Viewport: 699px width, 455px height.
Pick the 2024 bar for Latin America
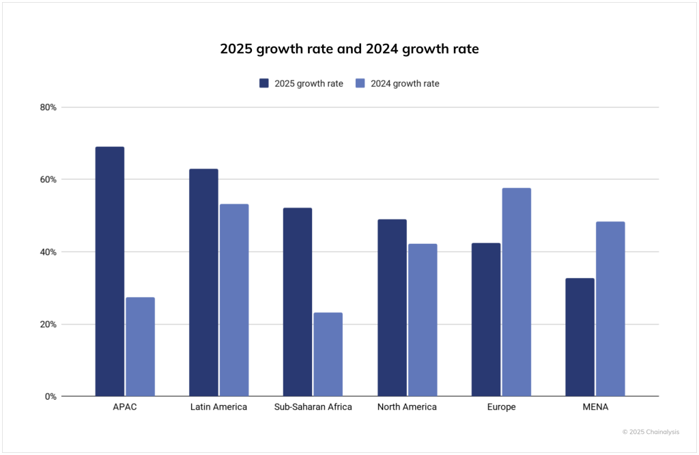click(x=234, y=300)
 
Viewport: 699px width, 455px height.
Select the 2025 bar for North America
click(x=391, y=307)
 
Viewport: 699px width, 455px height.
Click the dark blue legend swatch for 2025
click(x=264, y=83)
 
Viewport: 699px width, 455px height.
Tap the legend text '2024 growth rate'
click(x=405, y=83)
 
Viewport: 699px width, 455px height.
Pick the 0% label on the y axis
click(x=51, y=396)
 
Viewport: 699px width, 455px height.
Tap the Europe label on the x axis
click(x=501, y=407)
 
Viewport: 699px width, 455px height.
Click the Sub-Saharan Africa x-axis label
click(x=313, y=407)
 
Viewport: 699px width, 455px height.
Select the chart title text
click(x=349, y=49)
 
